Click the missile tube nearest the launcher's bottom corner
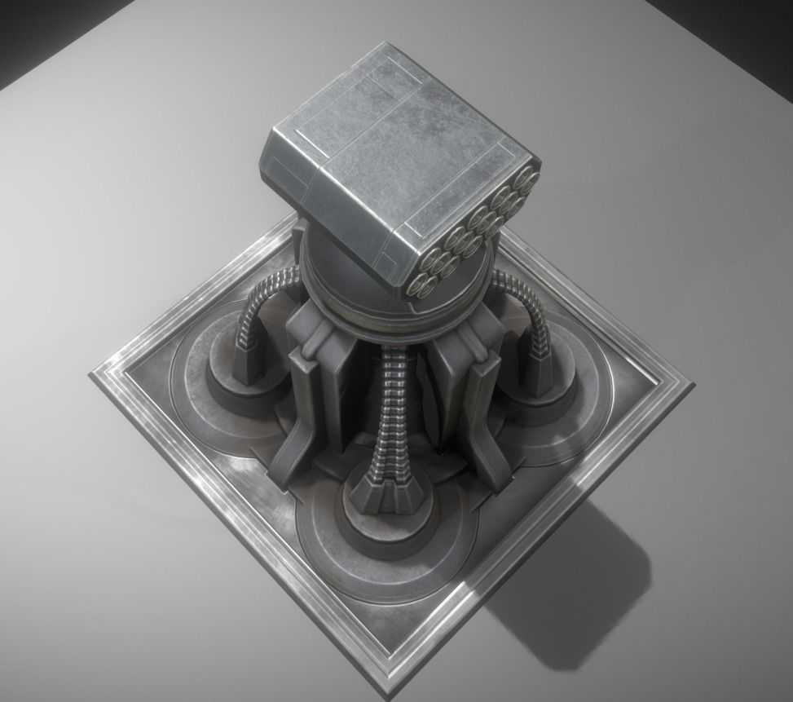pos(421,284)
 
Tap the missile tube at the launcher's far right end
pos(526,179)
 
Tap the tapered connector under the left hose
pos(247,363)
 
